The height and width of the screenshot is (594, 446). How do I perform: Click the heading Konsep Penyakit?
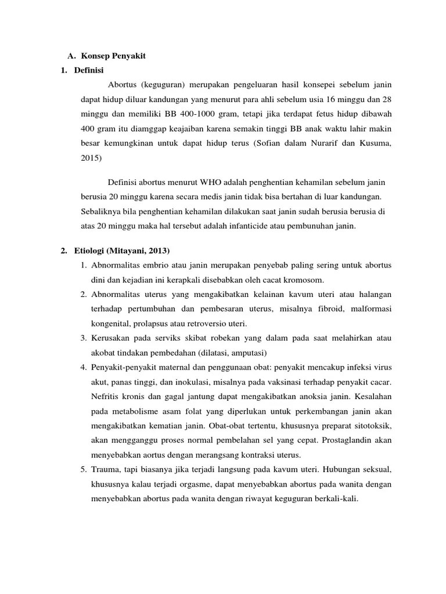(x=113, y=56)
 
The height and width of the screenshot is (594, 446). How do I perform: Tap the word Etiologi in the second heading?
(x=92, y=251)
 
